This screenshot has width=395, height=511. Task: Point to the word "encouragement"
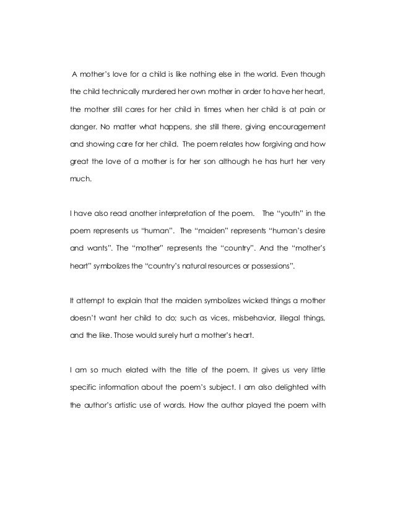point(291,130)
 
